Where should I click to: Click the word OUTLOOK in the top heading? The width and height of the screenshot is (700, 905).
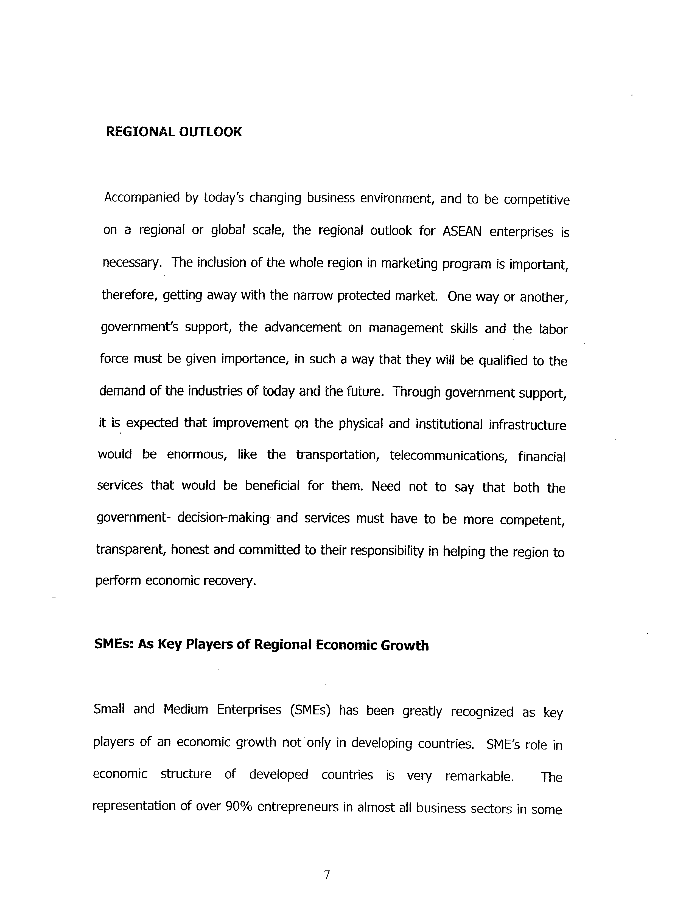tap(210, 132)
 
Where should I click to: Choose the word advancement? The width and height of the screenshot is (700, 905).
tap(303, 327)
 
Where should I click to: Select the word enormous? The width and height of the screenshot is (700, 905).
tap(197, 455)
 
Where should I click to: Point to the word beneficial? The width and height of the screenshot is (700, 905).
tap(272, 486)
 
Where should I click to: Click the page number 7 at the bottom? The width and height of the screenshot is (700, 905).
tap(327, 875)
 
